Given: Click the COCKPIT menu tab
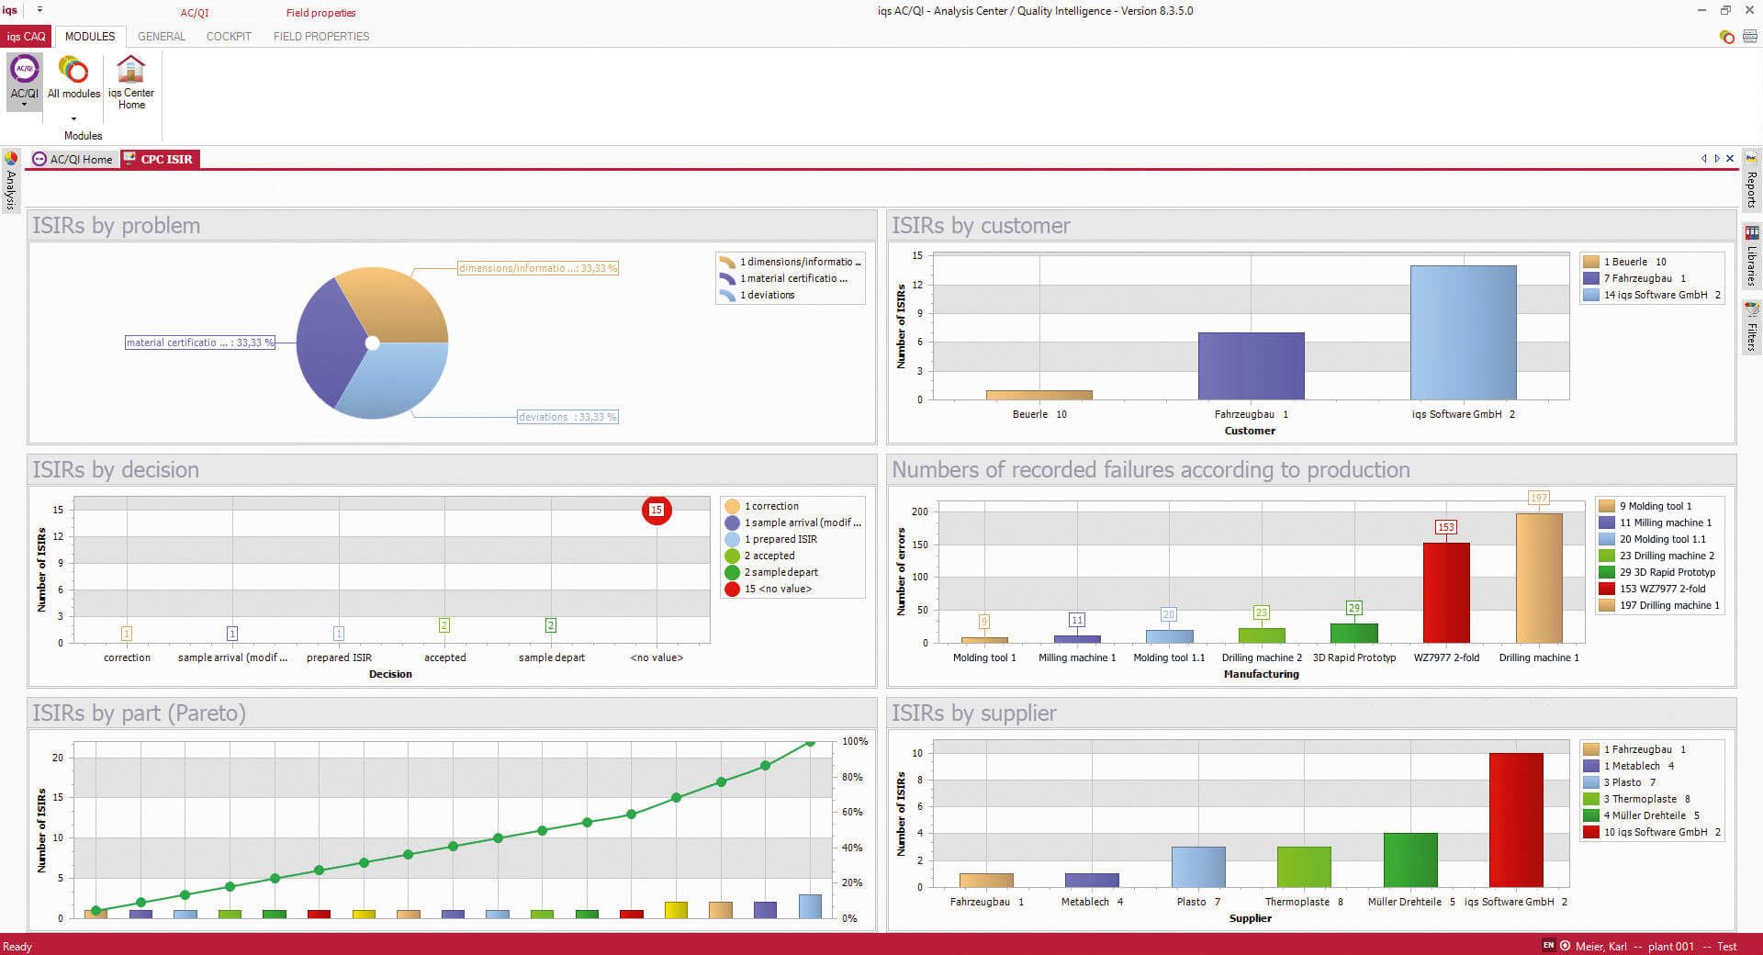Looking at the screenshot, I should pos(229,37).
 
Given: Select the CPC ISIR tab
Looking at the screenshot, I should pos(160,159).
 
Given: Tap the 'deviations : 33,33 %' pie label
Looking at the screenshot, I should pos(567,417).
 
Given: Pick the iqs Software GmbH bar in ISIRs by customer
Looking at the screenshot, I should pos(1463,332).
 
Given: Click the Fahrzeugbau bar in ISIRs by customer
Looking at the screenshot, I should pos(1251,365).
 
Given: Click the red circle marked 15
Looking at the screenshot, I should pos(657,510).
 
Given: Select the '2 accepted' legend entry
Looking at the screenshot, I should pos(769,556).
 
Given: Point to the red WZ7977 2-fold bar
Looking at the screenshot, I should pos(1446,592).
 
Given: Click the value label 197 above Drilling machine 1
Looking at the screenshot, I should pos(1539,498).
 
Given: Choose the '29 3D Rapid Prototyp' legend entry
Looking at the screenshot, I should pos(1667,572).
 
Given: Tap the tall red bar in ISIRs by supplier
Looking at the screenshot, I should pos(1515,819).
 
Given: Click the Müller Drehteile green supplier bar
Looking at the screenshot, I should pos(1409,859).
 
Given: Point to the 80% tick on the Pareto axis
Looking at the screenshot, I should pos(853,777).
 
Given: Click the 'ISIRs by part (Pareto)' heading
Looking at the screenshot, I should pos(140,713).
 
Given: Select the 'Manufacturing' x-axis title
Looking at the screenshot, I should pos(1261,674).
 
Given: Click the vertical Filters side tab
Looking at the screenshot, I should pos(1751,328).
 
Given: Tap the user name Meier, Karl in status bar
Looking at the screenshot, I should pos(1600,946).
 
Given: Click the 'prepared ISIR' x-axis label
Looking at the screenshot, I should pos(339,657).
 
